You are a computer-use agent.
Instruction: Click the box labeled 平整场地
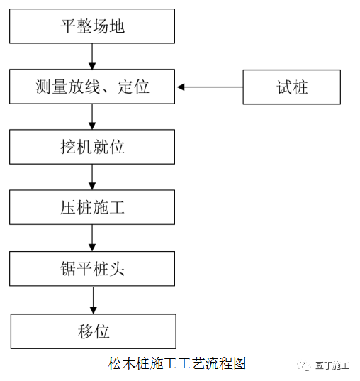(92, 26)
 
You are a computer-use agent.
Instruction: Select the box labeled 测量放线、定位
(92, 87)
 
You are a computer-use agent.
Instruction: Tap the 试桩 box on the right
(292, 87)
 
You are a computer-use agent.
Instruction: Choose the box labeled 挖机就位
(92, 147)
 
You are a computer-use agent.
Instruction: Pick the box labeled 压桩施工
(92, 208)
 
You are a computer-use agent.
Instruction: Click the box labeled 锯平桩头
(92, 269)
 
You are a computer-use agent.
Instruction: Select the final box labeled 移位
(92, 331)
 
